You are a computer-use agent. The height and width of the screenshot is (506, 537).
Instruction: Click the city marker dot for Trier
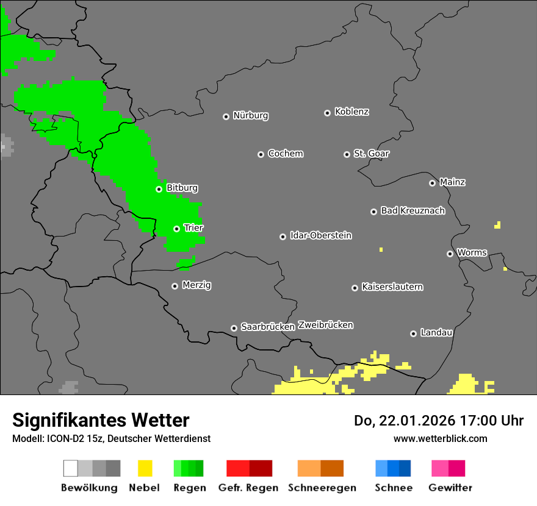pyautogui.click(x=176, y=229)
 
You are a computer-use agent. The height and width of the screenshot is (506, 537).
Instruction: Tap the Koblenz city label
pyautogui.click(x=351, y=112)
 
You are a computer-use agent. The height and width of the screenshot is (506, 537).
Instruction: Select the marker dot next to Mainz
pyautogui.click(x=432, y=183)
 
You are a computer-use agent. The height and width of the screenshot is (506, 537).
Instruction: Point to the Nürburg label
pyautogui.click(x=250, y=115)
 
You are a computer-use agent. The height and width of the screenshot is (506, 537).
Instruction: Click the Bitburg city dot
pyautogui.click(x=159, y=189)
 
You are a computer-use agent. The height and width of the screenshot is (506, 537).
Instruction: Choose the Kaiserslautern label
pyautogui.click(x=392, y=287)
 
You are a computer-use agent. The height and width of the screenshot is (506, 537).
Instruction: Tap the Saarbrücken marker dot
pyautogui.click(x=234, y=328)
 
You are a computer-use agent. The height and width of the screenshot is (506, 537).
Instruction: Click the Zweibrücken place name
pyautogui.click(x=325, y=325)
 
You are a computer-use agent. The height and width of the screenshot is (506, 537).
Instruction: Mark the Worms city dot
pyautogui.click(x=450, y=254)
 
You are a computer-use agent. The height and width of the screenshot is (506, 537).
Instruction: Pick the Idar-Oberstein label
pyautogui.click(x=320, y=235)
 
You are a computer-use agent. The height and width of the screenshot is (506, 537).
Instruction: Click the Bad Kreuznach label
pyautogui.click(x=413, y=210)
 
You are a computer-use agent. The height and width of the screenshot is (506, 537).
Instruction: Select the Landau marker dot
pyautogui.click(x=413, y=333)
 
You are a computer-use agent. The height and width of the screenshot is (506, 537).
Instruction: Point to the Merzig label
pyautogui.click(x=196, y=285)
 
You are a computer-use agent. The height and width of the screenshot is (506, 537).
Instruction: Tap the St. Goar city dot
pyautogui.click(x=347, y=154)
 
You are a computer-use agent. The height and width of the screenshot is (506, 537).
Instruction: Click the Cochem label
pyautogui.click(x=285, y=154)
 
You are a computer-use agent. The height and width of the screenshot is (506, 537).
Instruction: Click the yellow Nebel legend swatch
pyautogui.click(x=145, y=468)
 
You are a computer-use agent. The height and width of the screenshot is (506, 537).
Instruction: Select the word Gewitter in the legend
pyautogui.click(x=450, y=488)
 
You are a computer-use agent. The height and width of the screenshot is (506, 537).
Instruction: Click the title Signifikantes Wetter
pyautogui.click(x=101, y=420)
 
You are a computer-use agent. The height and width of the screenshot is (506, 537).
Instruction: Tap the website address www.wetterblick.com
pyautogui.click(x=440, y=438)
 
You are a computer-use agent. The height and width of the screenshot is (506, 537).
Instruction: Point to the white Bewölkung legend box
pyautogui.click(x=71, y=468)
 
